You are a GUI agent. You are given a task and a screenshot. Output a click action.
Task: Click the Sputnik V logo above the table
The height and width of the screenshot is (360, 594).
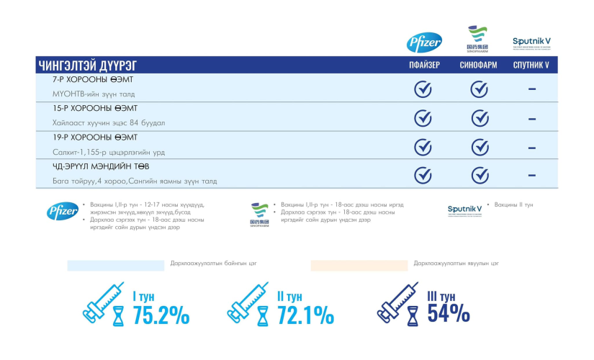[532, 42]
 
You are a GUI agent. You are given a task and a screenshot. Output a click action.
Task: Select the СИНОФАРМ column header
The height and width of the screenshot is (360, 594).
[479, 66]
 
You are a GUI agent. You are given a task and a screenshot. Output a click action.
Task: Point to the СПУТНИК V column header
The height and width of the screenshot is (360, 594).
[531, 66]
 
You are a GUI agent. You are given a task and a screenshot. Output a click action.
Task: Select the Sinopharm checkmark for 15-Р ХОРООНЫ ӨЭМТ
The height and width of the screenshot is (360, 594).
[480, 117]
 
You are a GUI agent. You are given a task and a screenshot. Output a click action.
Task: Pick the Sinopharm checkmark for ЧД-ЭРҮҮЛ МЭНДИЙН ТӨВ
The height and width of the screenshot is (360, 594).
[480, 175]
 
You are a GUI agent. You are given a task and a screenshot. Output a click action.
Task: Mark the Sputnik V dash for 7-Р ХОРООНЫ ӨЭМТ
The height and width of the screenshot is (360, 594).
[531, 89]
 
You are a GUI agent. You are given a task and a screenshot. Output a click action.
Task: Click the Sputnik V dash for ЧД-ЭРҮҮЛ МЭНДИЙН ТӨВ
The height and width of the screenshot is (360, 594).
[531, 175]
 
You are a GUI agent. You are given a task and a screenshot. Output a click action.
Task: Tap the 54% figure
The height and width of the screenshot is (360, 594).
[449, 313]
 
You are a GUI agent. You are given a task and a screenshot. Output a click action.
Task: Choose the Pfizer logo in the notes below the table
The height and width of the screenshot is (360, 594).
[62, 211]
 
